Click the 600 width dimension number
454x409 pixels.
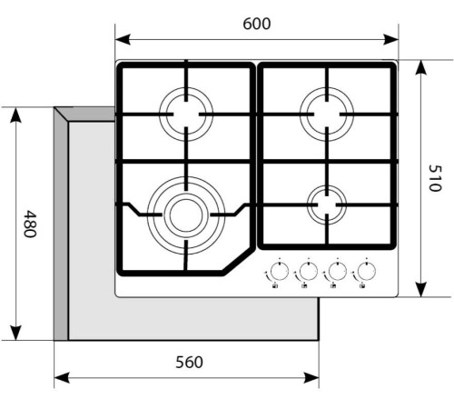coord(257,25)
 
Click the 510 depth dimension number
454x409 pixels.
coord(433,178)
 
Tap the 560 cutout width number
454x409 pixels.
coord(188,362)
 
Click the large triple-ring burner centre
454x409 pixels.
coord(185,214)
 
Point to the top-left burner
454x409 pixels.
coord(186,115)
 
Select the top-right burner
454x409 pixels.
coord(328,115)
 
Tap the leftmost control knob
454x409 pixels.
coord(278,271)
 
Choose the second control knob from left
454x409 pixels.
coord(307,271)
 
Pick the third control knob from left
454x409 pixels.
coord(337,271)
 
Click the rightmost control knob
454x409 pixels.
coord(366,271)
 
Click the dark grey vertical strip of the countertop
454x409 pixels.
coord(61,227)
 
